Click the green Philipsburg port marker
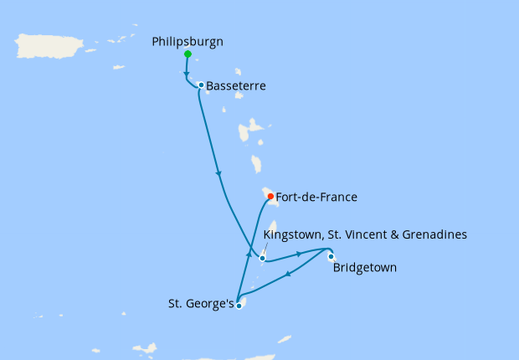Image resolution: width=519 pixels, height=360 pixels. (x=188, y=54)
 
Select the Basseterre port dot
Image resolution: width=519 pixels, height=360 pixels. (x=201, y=85)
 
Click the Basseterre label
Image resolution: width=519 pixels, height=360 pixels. (x=233, y=85)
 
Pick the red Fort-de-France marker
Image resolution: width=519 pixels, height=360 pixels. (x=270, y=197)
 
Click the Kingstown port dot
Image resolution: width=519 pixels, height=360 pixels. (x=262, y=258)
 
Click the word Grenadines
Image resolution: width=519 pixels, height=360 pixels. (x=433, y=234)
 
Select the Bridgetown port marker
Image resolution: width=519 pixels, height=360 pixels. (x=331, y=256)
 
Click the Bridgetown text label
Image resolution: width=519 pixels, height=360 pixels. (x=365, y=268)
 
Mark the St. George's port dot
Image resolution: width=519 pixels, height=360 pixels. (x=239, y=306)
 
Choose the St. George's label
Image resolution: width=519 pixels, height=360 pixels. (x=200, y=305)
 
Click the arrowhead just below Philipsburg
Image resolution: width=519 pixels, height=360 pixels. (x=185, y=73)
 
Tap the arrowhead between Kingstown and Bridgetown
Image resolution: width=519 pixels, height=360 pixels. (x=298, y=253)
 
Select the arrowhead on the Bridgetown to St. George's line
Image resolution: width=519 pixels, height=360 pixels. (x=288, y=275)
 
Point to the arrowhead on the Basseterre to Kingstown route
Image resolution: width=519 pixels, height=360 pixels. (x=218, y=173)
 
